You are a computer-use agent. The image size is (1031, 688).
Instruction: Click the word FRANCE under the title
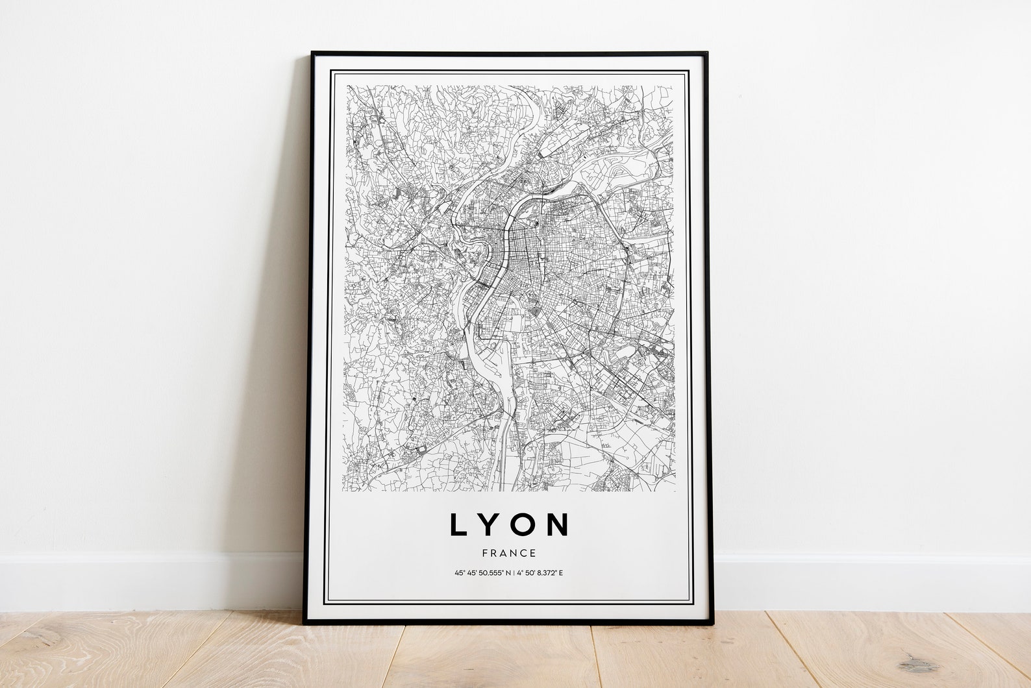point(509,554)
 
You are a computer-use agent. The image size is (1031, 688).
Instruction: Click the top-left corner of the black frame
point(312,53)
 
